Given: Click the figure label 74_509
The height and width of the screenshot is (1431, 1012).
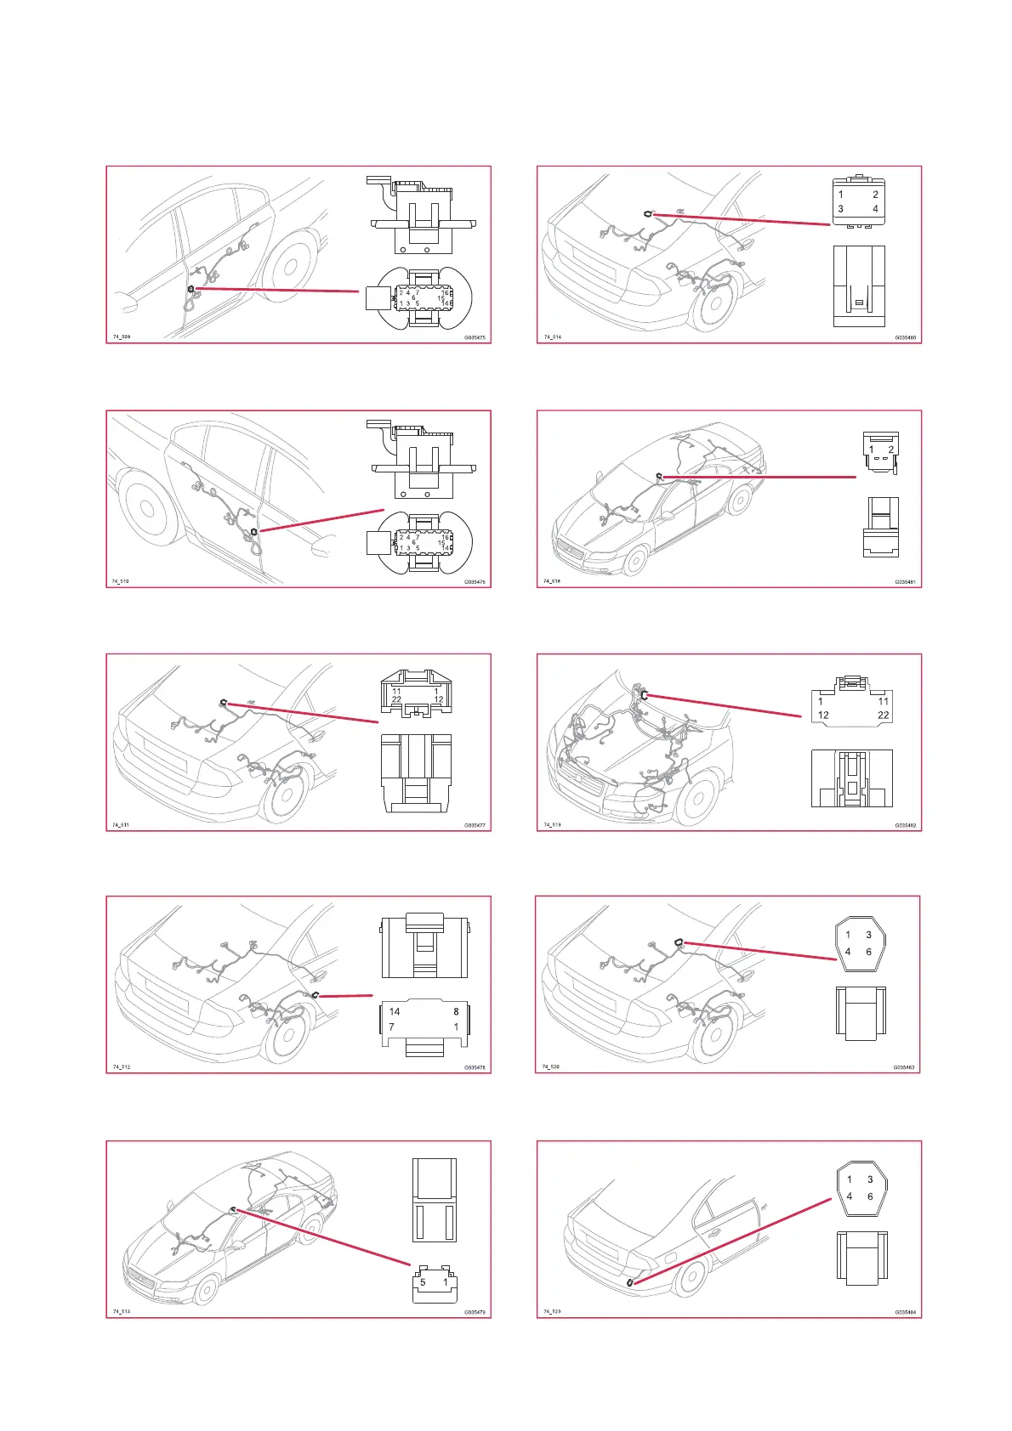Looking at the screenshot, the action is [122, 337].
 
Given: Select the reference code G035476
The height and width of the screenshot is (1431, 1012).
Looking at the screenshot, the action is [475, 582].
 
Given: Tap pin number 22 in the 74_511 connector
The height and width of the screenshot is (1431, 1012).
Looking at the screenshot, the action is [396, 699].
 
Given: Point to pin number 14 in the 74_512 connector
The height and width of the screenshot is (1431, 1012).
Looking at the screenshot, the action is [395, 1011].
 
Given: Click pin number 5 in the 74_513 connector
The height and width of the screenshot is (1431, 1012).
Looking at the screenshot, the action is [423, 1282].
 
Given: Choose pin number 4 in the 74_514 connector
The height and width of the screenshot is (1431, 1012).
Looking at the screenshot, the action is [875, 209].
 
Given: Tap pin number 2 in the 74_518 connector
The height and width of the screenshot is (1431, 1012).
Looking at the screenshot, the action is [890, 450].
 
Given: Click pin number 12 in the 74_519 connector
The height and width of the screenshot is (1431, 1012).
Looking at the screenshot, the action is [823, 715].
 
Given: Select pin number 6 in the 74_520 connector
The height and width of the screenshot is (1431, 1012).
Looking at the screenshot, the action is [868, 952].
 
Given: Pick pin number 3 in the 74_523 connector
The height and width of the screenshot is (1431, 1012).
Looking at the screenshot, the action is [870, 1179].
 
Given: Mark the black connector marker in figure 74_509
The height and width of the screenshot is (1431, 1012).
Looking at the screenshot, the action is [191, 289].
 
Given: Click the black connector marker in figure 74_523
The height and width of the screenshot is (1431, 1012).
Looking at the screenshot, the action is [629, 1282].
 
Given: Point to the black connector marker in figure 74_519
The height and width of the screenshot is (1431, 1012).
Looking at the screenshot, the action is [645, 694].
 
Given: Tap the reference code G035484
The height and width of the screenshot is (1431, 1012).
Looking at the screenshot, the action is [905, 1312].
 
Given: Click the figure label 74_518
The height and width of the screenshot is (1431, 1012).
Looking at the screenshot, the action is [552, 581].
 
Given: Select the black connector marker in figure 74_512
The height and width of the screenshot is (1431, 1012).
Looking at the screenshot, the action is [315, 995].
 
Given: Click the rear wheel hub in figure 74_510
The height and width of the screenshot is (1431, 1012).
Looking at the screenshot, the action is [147, 508].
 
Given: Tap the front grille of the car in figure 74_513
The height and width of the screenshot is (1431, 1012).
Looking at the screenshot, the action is [141, 1280].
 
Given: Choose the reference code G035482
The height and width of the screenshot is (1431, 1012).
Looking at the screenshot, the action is [905, 825].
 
